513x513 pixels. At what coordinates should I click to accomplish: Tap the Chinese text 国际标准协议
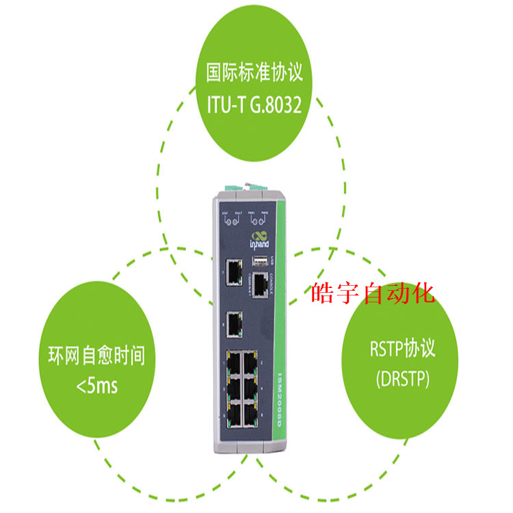pyautogui.click(x=254, y=72)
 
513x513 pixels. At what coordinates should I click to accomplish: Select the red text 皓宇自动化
pyautogui.click(x=373, y=294)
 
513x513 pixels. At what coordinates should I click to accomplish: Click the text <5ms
pyautogui.click(x=96, y=387)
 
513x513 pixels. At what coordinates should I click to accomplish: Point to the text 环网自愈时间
pyautogui.click(x=96, y=356)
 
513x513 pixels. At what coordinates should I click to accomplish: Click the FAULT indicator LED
pyautogui.click(x=239, y=220)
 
